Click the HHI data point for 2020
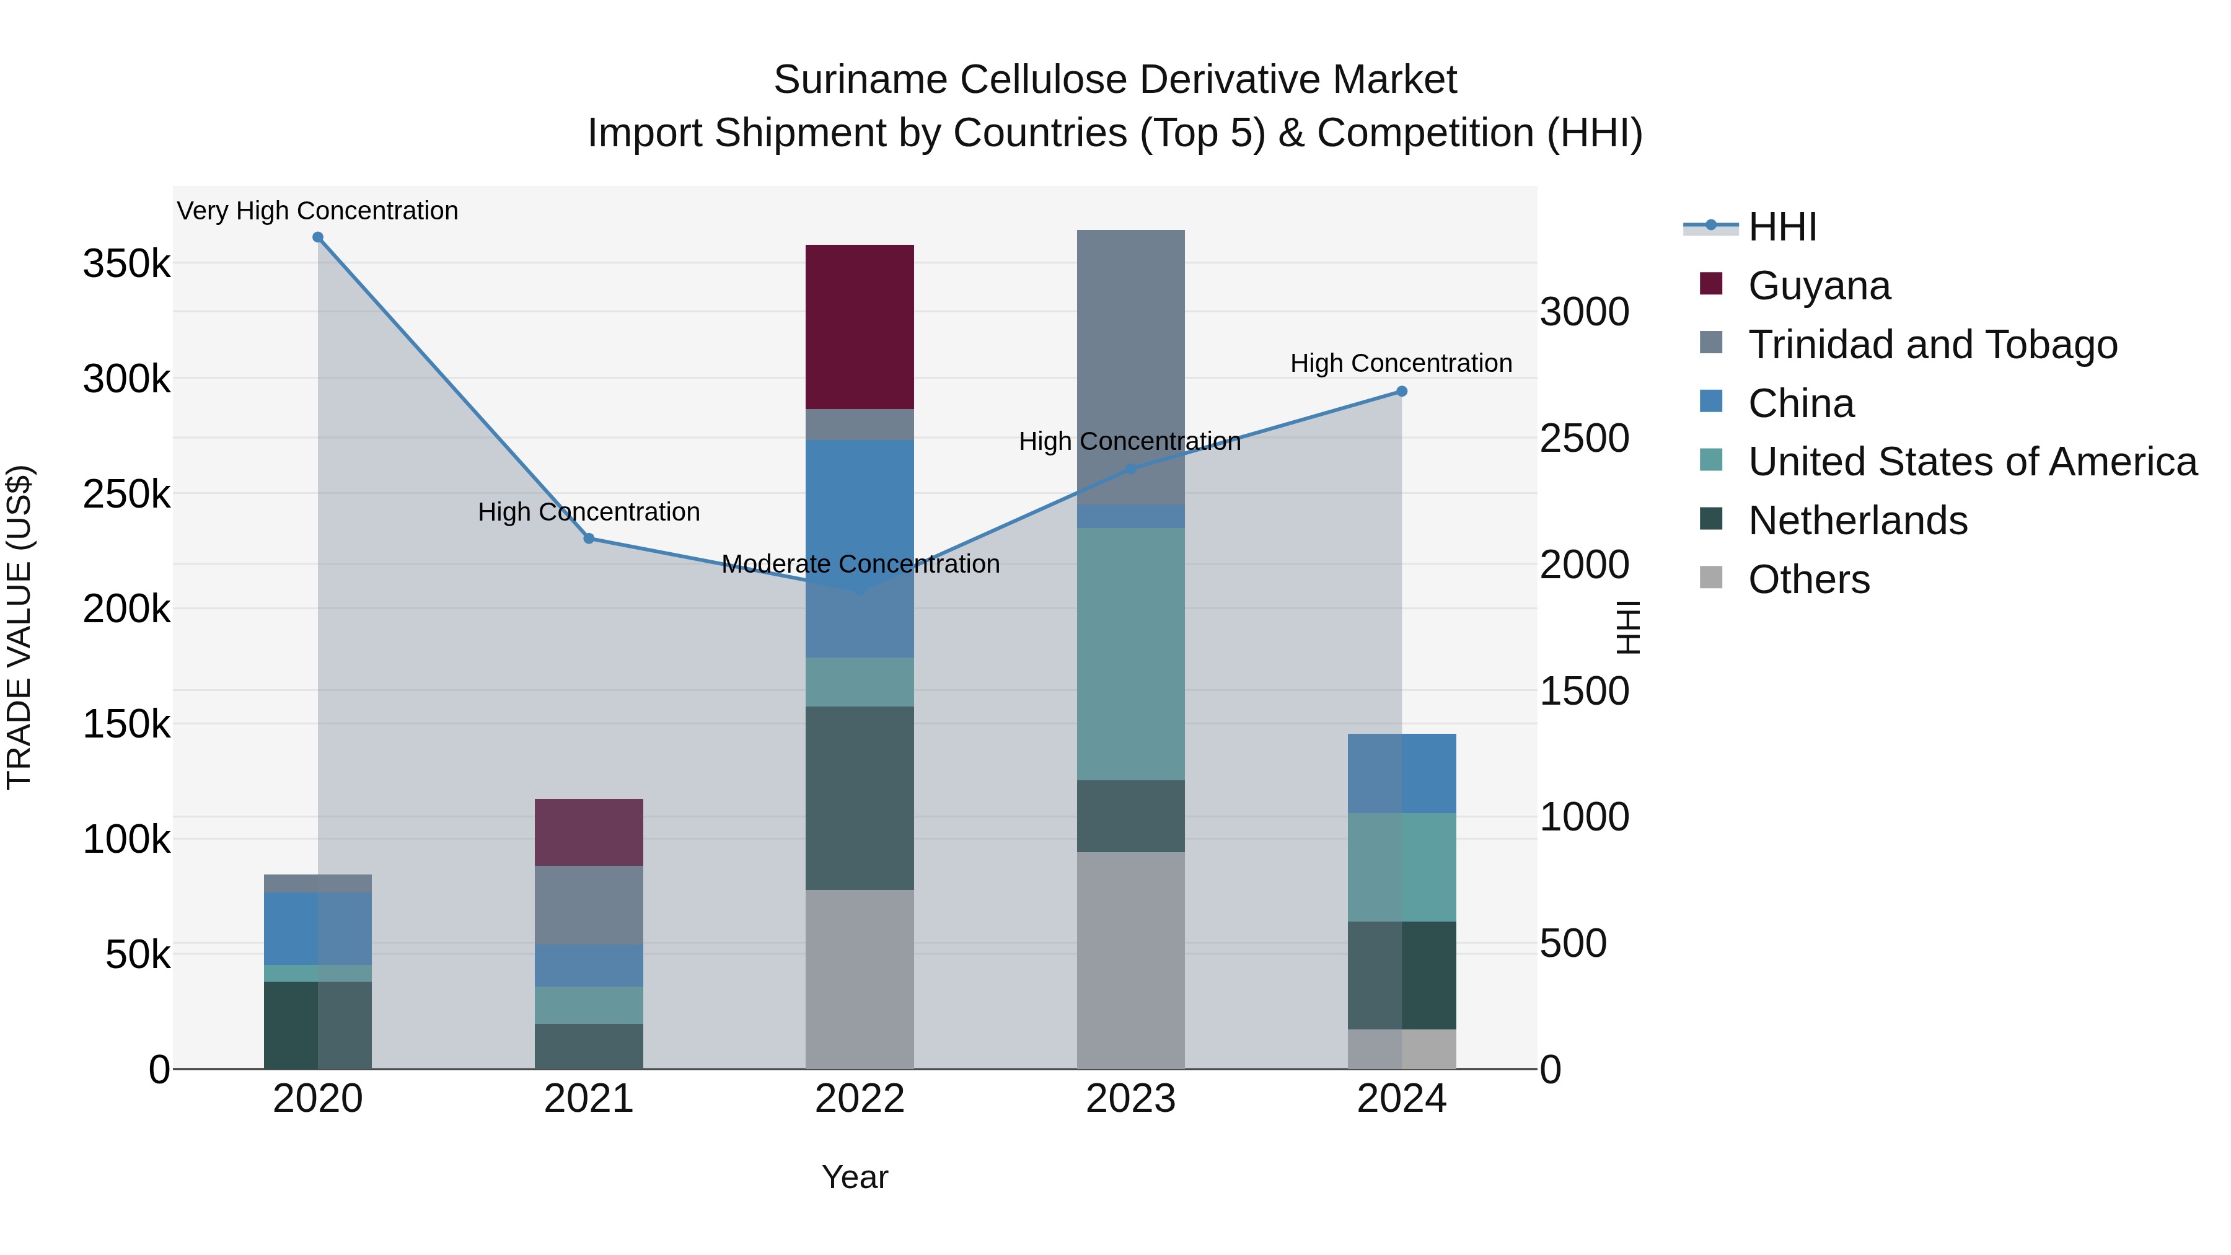pos(318,237)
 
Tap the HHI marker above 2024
pos(1401,392)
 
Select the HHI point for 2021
pos(589,539)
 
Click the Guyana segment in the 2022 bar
pos(859,327)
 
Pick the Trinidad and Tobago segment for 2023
pos(1130,368)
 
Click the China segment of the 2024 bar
pos(1401,773)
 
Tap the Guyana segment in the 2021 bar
pos(589,832)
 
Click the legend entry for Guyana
pos(1819,286)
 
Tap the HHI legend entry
pos(1782,227)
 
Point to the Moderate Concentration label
pos(860,564)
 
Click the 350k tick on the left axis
pos(126,263)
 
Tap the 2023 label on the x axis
pos(1130,1099)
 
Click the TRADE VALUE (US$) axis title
pos(19,627)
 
